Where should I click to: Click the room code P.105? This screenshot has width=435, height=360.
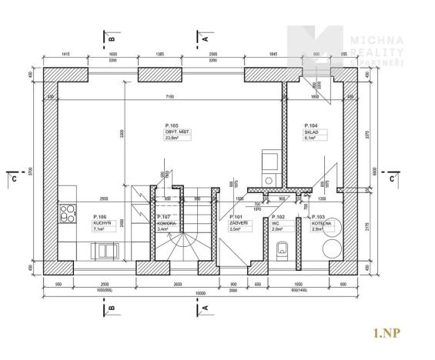(x=171, y=125)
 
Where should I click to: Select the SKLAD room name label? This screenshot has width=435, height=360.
(x=311, y=132)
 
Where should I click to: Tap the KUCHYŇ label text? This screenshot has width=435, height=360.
(x=101, y=223)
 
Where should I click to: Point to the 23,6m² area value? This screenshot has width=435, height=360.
(x=172, y=138)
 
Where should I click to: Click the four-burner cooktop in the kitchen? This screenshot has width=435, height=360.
(x=66, y=211)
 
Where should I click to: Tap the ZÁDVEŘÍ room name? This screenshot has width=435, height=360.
(x=238, y=223)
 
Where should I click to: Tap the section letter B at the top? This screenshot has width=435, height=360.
(x=112, y=37)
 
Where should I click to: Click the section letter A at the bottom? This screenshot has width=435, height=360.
(x=206, y=309)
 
